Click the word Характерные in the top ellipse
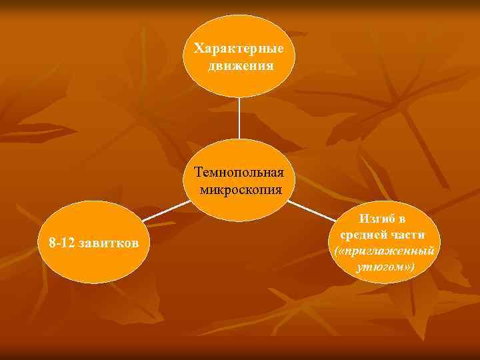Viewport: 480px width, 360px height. (239, 49)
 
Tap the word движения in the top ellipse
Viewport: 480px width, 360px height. (239, 66)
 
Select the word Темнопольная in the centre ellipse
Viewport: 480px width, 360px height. (239, 173)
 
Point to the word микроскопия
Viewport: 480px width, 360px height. (239, 190)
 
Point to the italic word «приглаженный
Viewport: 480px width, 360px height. (389, 251)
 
